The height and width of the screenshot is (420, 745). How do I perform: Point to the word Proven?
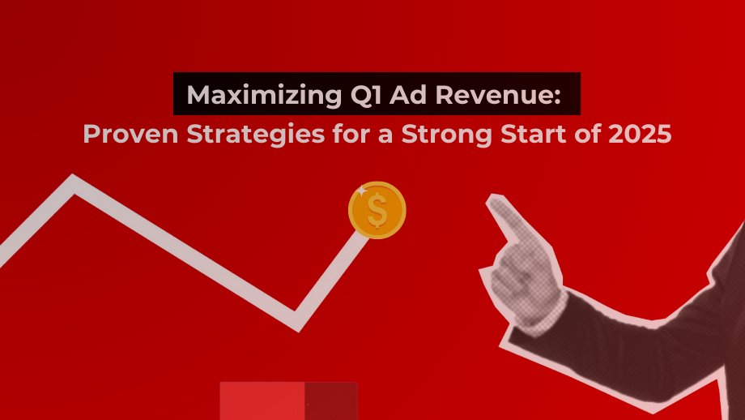[126, 135]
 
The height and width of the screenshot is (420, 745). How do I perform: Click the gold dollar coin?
[377, 210]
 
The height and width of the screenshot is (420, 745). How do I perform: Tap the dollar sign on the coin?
[377, 211]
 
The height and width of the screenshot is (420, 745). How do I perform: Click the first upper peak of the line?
[74, 185]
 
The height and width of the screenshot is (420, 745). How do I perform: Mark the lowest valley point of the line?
[297, 321]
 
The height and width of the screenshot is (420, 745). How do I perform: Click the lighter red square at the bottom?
[262, 401]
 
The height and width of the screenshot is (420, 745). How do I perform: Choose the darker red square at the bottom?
[331, 401]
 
